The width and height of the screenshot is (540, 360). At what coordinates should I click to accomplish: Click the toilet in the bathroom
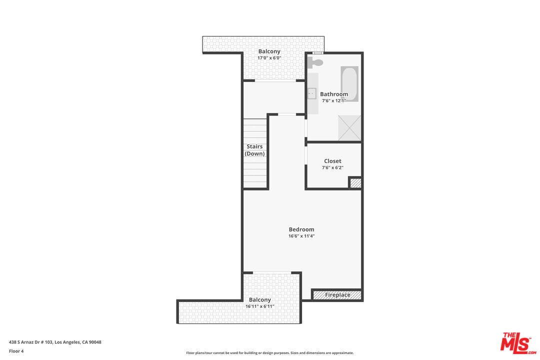pos(315,62)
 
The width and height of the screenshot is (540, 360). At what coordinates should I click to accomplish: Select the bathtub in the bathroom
pos(349,83)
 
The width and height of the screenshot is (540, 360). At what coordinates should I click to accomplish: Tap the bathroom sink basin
pos(311,92)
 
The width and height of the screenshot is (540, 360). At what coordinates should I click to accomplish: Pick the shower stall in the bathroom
pos(349,127)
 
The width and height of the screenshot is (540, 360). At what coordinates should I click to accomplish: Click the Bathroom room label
pos(334,94)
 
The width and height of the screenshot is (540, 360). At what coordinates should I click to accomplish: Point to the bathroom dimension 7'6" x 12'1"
pos(334,100)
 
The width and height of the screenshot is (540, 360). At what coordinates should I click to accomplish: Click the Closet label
pos(332,161)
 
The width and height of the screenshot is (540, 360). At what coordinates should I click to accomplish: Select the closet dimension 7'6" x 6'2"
pos(332,167)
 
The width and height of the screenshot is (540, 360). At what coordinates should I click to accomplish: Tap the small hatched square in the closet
pos(355,183)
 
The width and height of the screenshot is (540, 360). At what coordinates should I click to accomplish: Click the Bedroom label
pos(301,229)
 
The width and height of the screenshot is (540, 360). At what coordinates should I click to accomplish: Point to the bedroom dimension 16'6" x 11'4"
pos(301,236)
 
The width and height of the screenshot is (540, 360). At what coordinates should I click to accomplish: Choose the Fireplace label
pos(337,295)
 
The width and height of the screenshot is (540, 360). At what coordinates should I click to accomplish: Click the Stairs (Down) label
pos(254,150)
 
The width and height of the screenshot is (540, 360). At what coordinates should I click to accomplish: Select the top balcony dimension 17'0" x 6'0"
pos(269,58)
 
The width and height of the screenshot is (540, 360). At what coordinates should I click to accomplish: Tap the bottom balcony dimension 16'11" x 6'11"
pos(260,306)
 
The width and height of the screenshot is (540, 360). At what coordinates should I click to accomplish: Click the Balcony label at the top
pos(269,51)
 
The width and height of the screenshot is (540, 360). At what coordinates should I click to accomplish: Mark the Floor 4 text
pos(16,351)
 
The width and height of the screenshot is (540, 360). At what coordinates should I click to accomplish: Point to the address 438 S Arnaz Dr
pos(55,342)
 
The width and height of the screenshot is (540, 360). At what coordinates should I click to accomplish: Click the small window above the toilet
pos(317,52)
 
